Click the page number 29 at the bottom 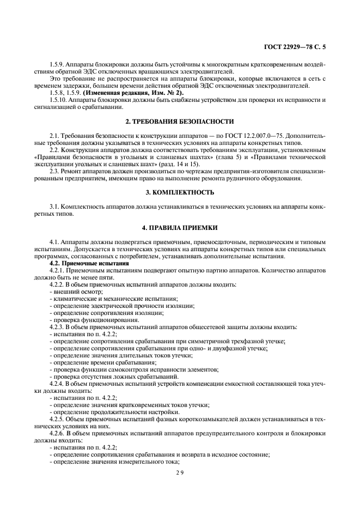coord(180,473)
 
